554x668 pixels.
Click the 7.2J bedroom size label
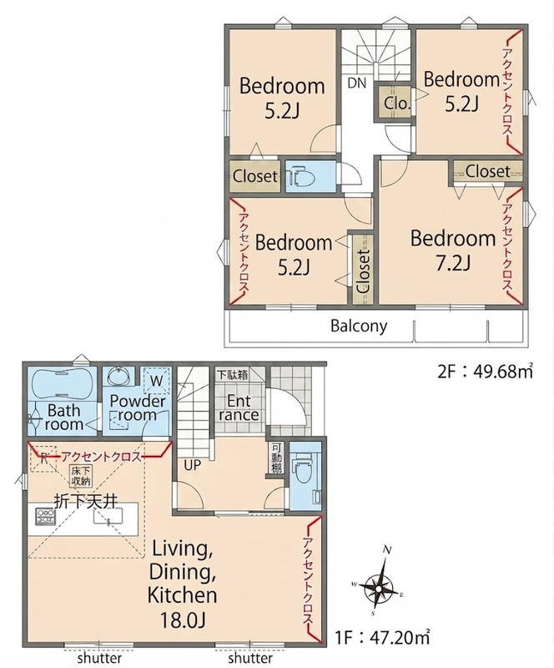coord(452,264)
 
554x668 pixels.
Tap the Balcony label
coord(359,326)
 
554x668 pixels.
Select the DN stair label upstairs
coord(357,83)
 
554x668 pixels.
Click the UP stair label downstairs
coord(192,465)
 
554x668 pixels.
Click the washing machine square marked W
coord(156,381)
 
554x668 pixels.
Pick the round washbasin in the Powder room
coord(116,377)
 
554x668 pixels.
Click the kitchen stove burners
coord(43,515)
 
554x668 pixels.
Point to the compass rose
coord(379,589)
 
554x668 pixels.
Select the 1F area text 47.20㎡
coord(400,638)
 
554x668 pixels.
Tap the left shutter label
coord(99,658)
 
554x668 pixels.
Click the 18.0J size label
coord(182,620)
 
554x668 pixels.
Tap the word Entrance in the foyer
coord(238,407)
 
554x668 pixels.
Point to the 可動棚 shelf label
coord(276,458)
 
